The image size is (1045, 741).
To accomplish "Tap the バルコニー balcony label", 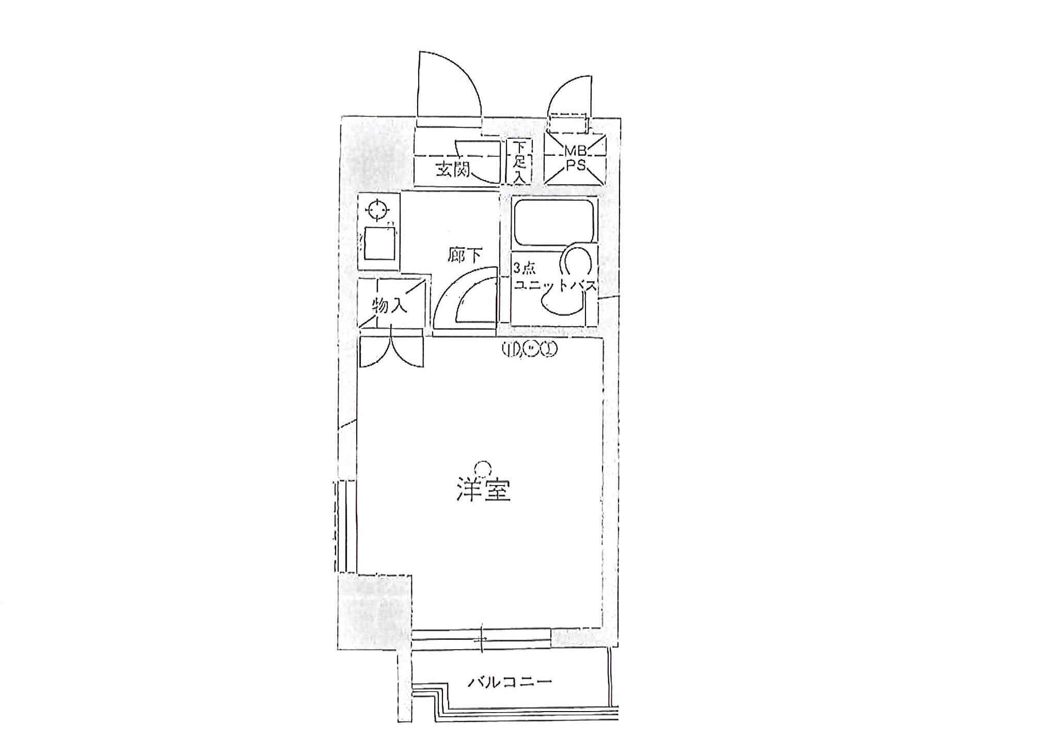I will click(510, 683).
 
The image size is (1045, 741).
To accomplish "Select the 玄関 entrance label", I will click(453, 169).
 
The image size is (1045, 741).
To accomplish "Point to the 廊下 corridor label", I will click(465, 256).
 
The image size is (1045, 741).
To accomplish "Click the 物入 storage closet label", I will click(390, 306).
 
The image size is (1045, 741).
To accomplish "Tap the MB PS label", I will click(575, 158).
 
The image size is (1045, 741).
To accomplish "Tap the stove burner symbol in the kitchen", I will click(377, 210).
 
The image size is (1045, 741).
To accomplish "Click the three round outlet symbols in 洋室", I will click(530, 350).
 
